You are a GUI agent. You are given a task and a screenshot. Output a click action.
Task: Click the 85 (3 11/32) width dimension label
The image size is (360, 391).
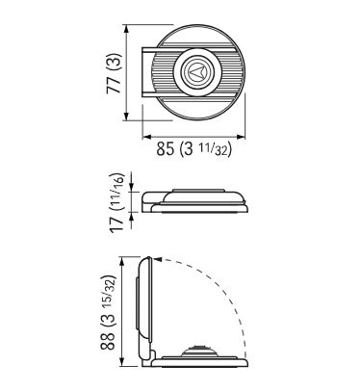193,149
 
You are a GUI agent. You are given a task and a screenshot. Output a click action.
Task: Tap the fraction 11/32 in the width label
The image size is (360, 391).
217,149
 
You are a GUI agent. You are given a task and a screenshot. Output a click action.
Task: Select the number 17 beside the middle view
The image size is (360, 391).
116,223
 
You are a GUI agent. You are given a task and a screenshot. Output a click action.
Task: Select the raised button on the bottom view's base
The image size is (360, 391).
200,351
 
